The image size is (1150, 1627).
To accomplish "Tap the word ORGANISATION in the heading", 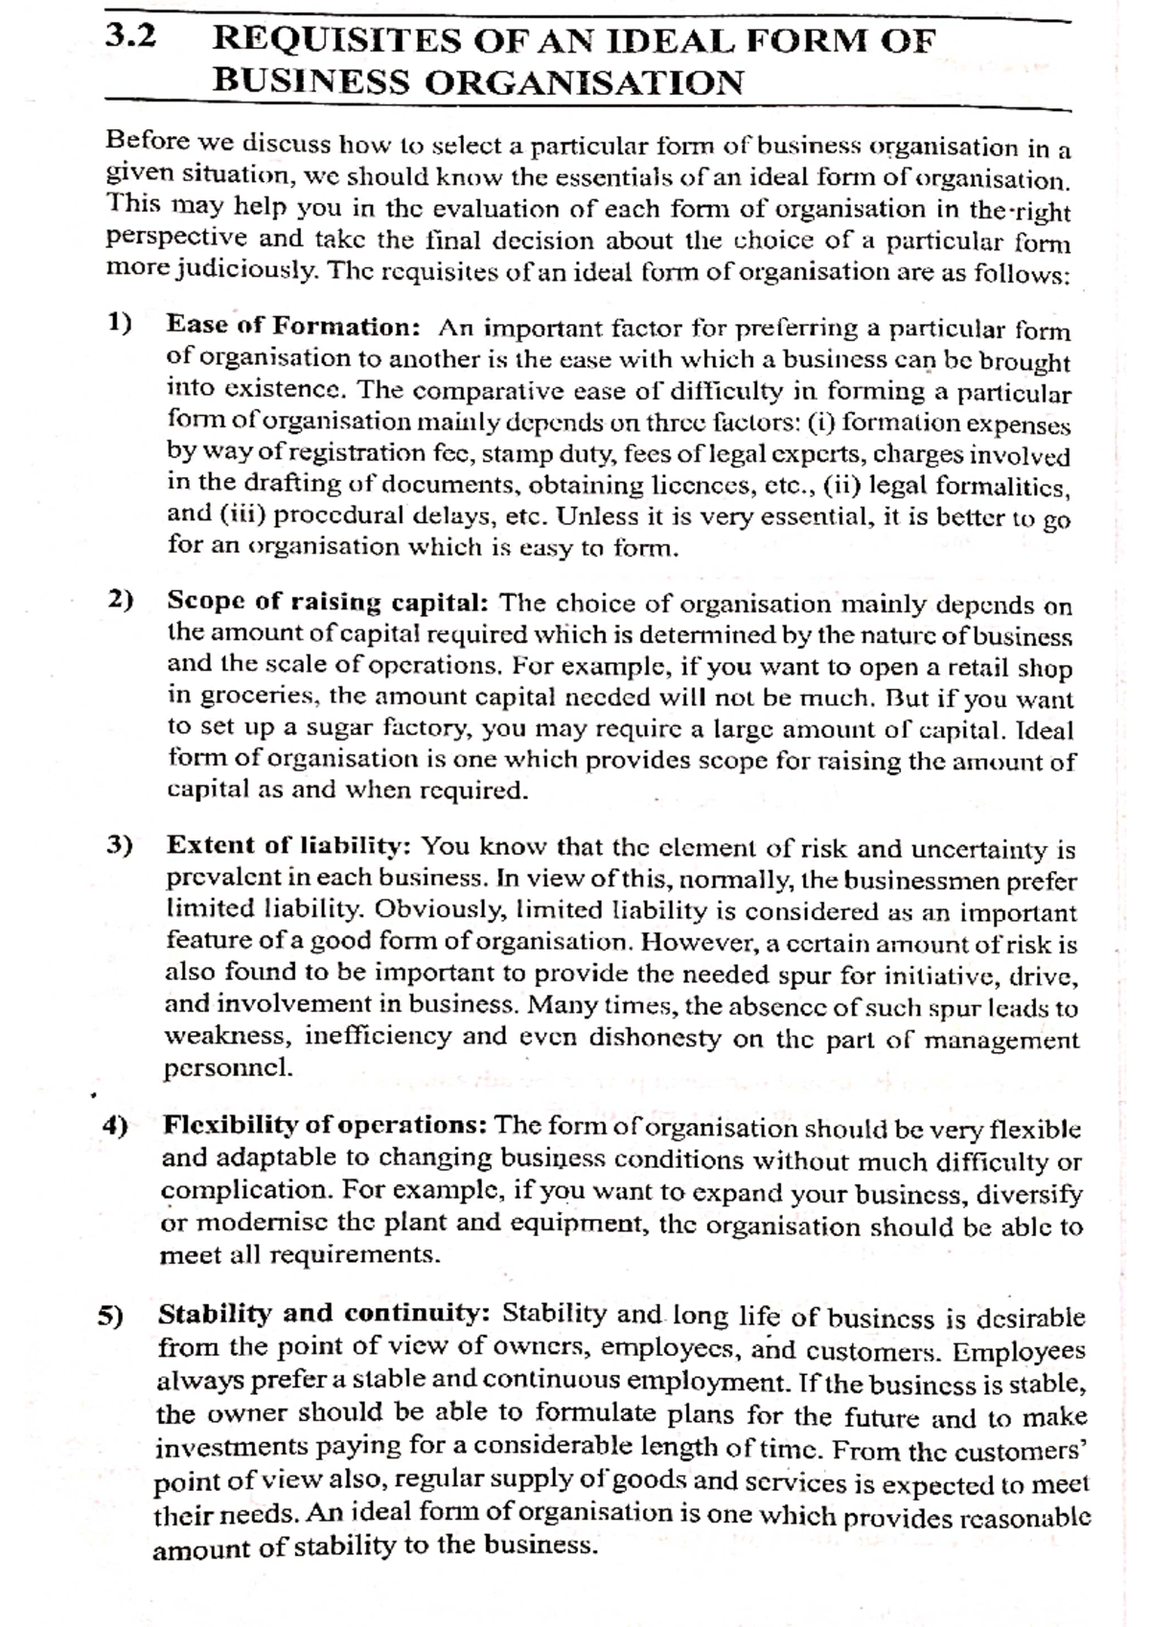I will [x=583, y=82].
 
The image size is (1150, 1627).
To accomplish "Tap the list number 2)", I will [x=121, y=600].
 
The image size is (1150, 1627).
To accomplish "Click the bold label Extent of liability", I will [x=289, y=845].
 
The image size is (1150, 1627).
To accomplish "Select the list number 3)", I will [x=120, y=845].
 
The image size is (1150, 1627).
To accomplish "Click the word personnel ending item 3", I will [x=228, y=1068].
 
